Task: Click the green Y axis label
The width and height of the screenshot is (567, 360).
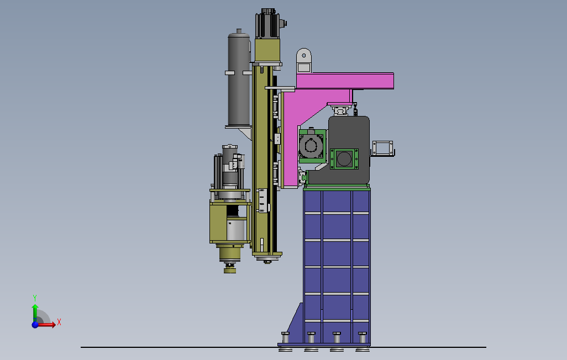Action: (35, 298)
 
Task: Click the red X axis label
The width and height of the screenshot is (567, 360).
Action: (59, 322)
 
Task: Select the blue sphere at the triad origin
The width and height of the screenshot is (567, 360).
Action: (35, 325)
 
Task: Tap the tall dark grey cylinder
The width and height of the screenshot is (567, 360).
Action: (239, 79)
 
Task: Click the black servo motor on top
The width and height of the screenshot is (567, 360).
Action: (268, 24)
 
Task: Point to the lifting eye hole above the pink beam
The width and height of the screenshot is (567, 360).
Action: (304, 56)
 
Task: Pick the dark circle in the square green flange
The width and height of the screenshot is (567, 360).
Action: (344, 158)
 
